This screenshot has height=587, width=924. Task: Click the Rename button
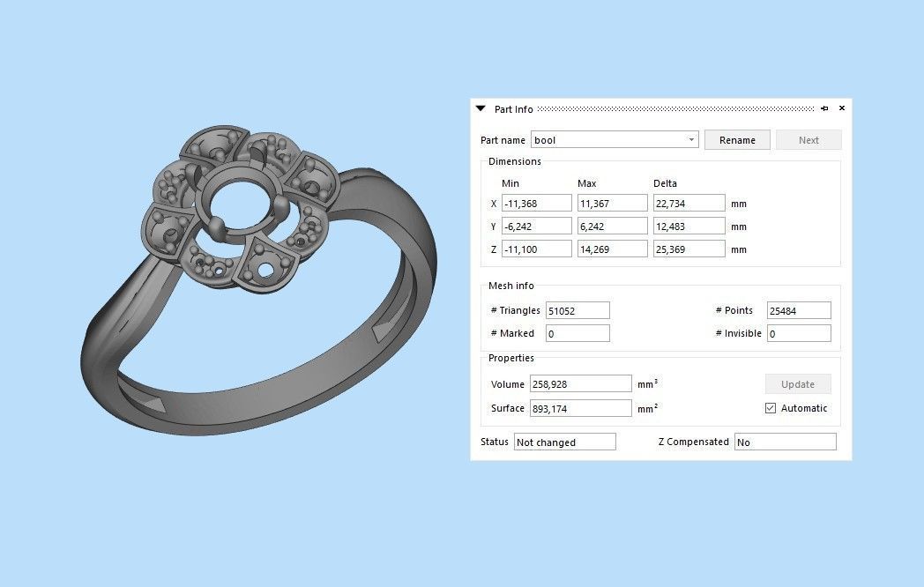(x=737, y=140)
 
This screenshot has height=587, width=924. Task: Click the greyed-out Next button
(x=808, y=140)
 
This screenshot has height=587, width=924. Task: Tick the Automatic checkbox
(x=771, y=408)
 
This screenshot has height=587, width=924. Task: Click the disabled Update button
(x=798, y=384)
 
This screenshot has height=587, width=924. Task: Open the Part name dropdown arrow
(x=691, y=140)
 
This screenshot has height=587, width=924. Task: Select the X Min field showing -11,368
(x=536, y=204)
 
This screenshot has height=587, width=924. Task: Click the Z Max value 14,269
(x=612, y=249)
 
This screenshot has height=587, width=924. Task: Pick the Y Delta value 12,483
(x=689, y=227)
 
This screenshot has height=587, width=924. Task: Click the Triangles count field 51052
(x=577, y=310)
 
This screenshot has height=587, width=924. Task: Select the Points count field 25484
(x=799, y=310)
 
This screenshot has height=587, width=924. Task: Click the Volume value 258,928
(x=580, y=384)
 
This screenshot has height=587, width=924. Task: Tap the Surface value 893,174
(x=580, y=408)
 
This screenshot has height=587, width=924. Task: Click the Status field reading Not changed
(x=564, y=442)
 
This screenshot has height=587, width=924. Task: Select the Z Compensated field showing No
(x=785, y=442)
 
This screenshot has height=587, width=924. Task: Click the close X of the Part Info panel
(x=841, y=108)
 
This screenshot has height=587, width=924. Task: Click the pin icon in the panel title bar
(x=824, y=108)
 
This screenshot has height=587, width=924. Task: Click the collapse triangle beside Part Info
(x=481, y=108)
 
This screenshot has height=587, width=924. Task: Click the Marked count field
(x=577, y=333)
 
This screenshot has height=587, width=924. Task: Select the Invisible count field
(x=799, y=333)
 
